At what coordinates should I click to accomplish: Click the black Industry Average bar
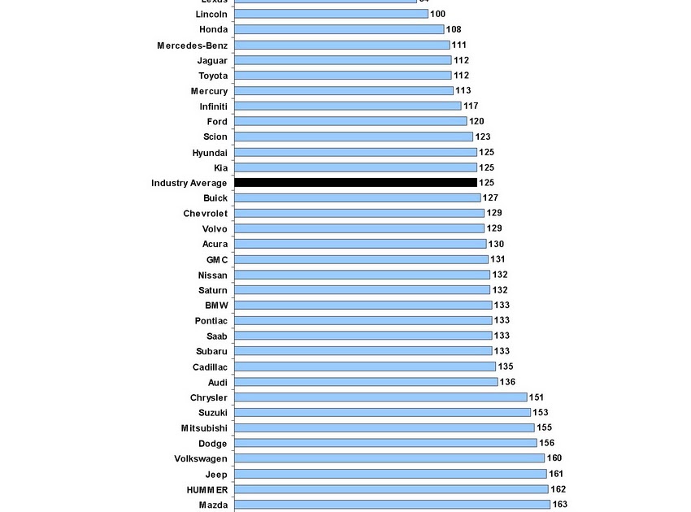[x=355, y=183]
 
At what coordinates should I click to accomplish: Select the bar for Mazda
[x=392, y=505]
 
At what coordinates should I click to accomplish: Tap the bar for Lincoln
[x=331, y=14]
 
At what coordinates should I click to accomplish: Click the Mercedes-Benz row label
[x=192, y=45]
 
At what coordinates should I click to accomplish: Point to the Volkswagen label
[x=201, y=458]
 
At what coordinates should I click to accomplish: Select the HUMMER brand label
[x=206, y=489]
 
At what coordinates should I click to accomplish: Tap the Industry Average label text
[x=189, y=183]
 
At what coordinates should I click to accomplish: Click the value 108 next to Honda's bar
[x=454, y=29]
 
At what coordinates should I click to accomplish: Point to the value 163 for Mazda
[x=560, y=505]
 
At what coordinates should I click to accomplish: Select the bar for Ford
[x=350, y=121]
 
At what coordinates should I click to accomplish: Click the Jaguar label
[x=212, y=60]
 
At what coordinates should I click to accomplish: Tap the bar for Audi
[x=366, y=382]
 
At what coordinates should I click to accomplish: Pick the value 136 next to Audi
[x=507, y=382]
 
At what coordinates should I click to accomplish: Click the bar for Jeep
[x=390, y=474]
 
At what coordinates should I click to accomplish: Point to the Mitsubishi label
[x=204, y=428]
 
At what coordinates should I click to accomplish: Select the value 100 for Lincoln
[x=437, y=14]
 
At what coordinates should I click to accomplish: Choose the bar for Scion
[x=354, y=137]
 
